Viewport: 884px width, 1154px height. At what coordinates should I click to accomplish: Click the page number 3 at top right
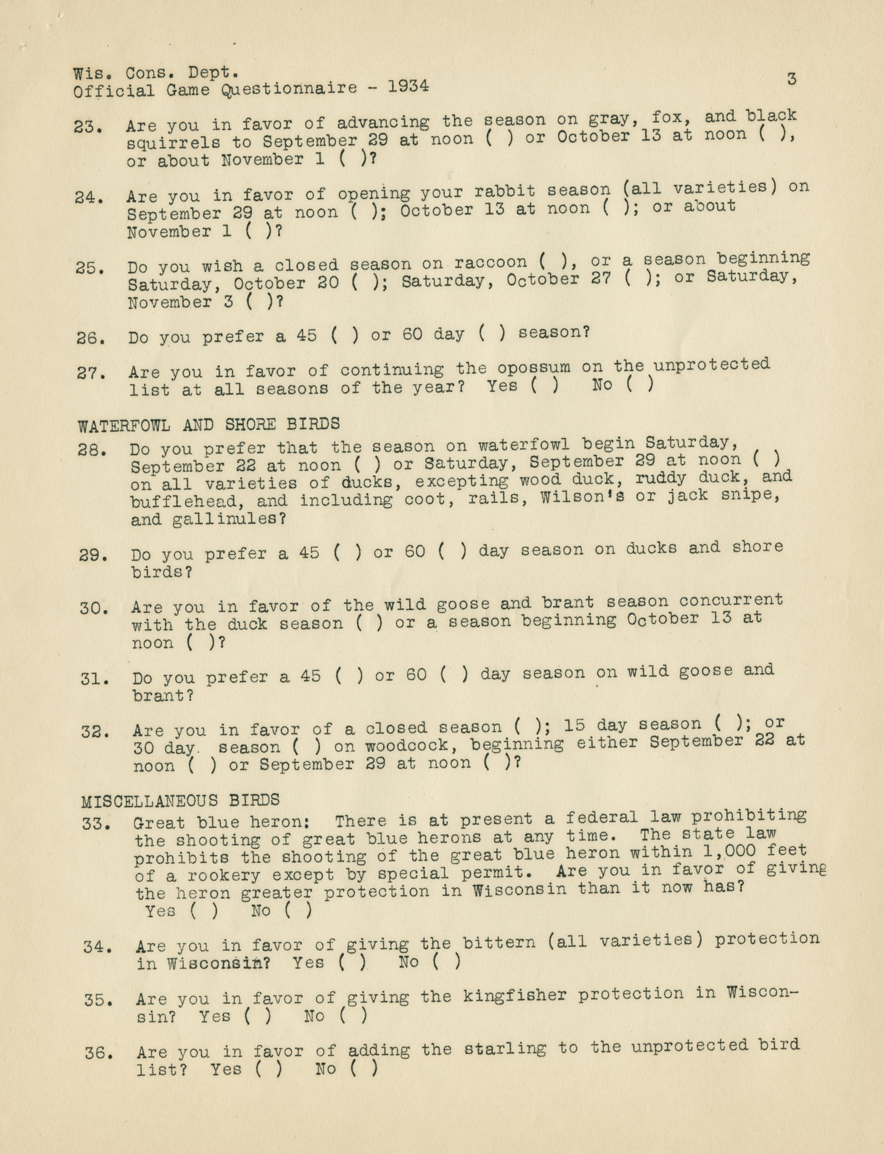(x=791, y=79)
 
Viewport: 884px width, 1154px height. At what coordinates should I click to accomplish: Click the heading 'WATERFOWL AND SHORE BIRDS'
(x=209, y=424)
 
